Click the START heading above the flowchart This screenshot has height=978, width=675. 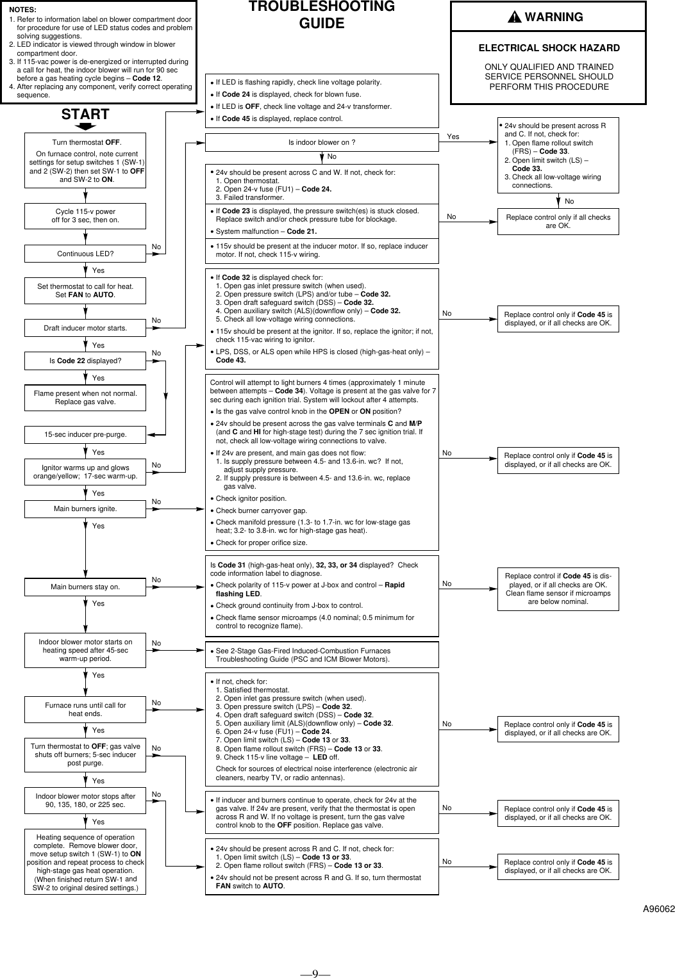[85, 115]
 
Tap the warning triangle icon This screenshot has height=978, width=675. [515, 17]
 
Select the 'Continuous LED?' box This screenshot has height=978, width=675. [85, 254]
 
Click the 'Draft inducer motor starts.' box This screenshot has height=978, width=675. [85, 328]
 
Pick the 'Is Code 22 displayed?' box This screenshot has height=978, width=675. [85, 361]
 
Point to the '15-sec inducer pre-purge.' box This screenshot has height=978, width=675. [85, 434]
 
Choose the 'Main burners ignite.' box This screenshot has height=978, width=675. [85, 509]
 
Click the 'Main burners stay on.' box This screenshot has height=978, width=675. [85, 587]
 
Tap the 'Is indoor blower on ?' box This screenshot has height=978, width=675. [322, 142]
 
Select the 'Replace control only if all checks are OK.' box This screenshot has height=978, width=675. [558, 221]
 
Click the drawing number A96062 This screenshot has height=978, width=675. [659, 908]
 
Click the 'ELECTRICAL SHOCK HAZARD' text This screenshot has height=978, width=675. [549, 48]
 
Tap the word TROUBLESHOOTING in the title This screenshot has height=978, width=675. [322, 7]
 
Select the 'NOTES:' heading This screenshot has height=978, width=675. [23, 10]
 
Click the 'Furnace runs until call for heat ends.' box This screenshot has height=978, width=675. [85, 709]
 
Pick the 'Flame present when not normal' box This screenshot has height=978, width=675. [85, 398]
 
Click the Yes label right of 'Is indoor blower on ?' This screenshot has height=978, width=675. [453, 137]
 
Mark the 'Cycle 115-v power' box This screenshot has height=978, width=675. [85, 216]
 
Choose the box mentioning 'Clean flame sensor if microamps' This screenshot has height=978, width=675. [558, 589]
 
